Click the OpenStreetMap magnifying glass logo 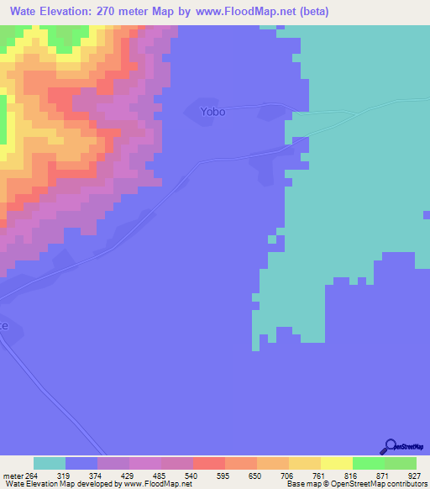(x=391, y=446)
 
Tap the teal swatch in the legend (x=50, y=463)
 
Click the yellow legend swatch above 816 (x=336, y=463)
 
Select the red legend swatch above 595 (x=208, y=463)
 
